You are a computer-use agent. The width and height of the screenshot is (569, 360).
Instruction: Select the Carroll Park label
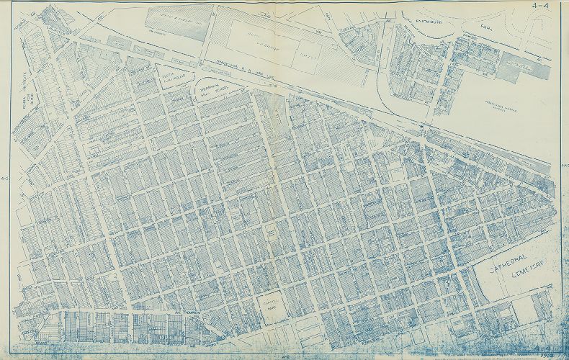point(269,308)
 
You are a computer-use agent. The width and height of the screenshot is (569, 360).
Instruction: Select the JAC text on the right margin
point(564,165)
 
